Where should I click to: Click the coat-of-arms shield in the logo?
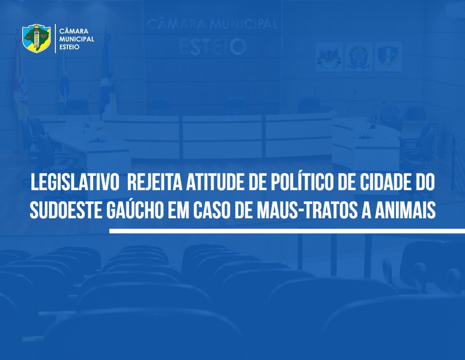pyautogui.click(x=36, y=38)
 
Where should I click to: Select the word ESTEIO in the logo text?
pyautogui.click(x=69, y=47)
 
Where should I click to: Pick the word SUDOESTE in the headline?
pyautogui.click(x=66, y=210)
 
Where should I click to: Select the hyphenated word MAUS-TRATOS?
pyautogui.click(x=307, y=210)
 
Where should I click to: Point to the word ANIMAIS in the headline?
pyautogui.click(x=405, y=210)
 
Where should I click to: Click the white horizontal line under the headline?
pyautogui.click(x=287, y=231)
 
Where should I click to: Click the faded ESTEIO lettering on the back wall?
pyautogui.click(x=213, y=47)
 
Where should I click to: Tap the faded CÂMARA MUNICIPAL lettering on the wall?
pyautogui.click(x=213, y=24)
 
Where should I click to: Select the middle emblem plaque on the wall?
pyautogui.click(x=358, y=56)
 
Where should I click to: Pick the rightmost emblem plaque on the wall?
pyautogui.click(x=388, y=56)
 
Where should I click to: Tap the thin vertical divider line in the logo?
pyautogui.click(x=55, y=39)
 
